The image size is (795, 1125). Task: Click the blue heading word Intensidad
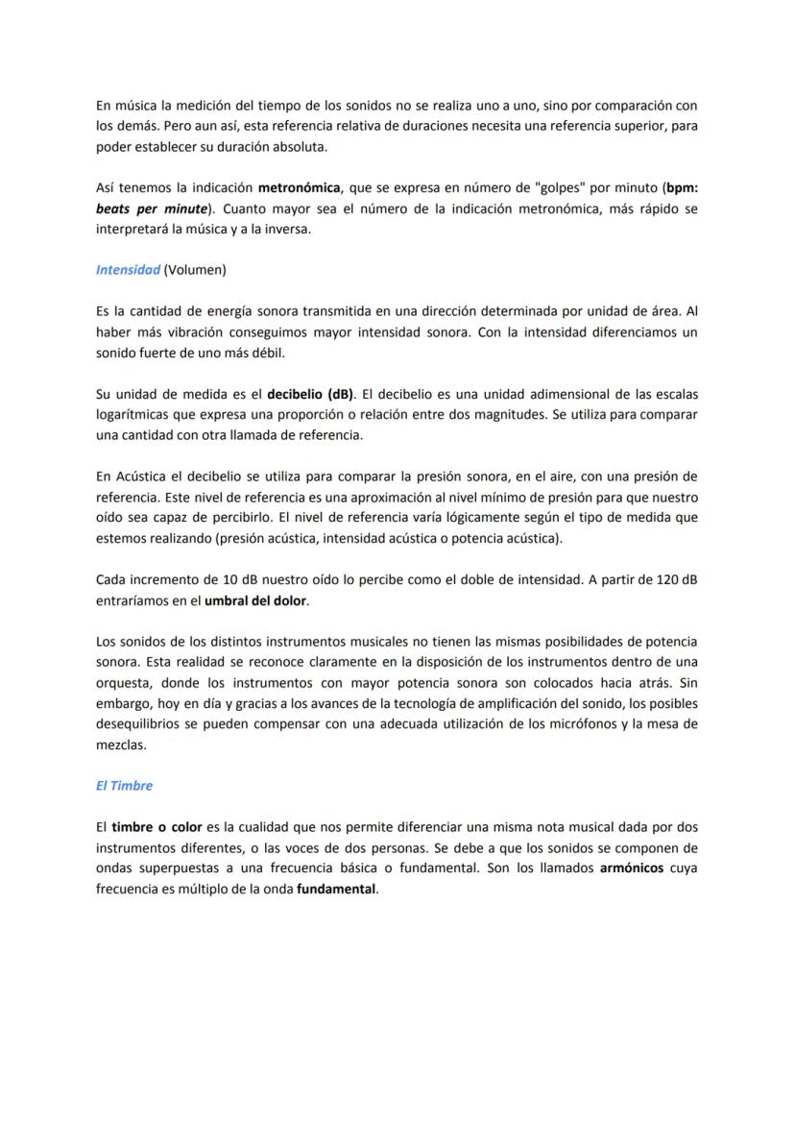coord(128,270)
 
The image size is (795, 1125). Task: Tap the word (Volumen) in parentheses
coord(195,270)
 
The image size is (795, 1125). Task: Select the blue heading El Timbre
coord(124,785)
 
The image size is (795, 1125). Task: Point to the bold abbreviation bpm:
coord(682,187)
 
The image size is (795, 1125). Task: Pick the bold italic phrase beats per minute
coord(151,208)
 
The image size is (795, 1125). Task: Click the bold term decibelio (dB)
coord(310,393)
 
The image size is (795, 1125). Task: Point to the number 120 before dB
coord(654,579)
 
